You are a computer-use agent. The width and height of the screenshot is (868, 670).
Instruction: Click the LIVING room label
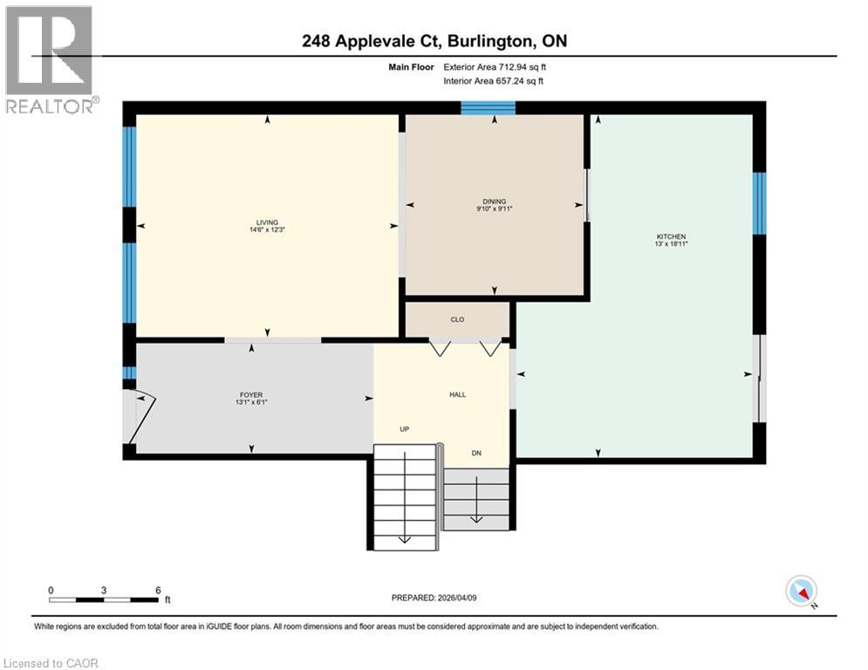tap(267, 222)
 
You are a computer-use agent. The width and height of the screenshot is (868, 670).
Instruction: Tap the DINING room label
tap(495, 202)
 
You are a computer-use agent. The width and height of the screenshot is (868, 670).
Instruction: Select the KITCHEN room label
tap(671, 236)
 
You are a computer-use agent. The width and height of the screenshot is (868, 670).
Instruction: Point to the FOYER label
tap(251, 395)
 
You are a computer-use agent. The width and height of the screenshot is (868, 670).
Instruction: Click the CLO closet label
tap(457, 319)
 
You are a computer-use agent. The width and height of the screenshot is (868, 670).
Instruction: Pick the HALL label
tap(457, 395)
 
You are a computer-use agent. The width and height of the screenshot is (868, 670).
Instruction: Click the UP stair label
tap(405, 429)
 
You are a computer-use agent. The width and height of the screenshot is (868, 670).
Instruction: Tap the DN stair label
tap(476, 453)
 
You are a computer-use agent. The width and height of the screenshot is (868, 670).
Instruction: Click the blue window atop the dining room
tap(489, 108)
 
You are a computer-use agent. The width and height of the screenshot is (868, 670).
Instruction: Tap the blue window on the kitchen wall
tap(759, 203)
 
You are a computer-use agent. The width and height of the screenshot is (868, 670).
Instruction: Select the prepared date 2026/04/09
tap(457, 598)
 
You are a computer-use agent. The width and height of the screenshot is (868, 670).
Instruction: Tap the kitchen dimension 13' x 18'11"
tap(671, 243)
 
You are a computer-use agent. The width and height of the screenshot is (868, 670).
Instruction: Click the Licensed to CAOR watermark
tap(51, 663)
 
